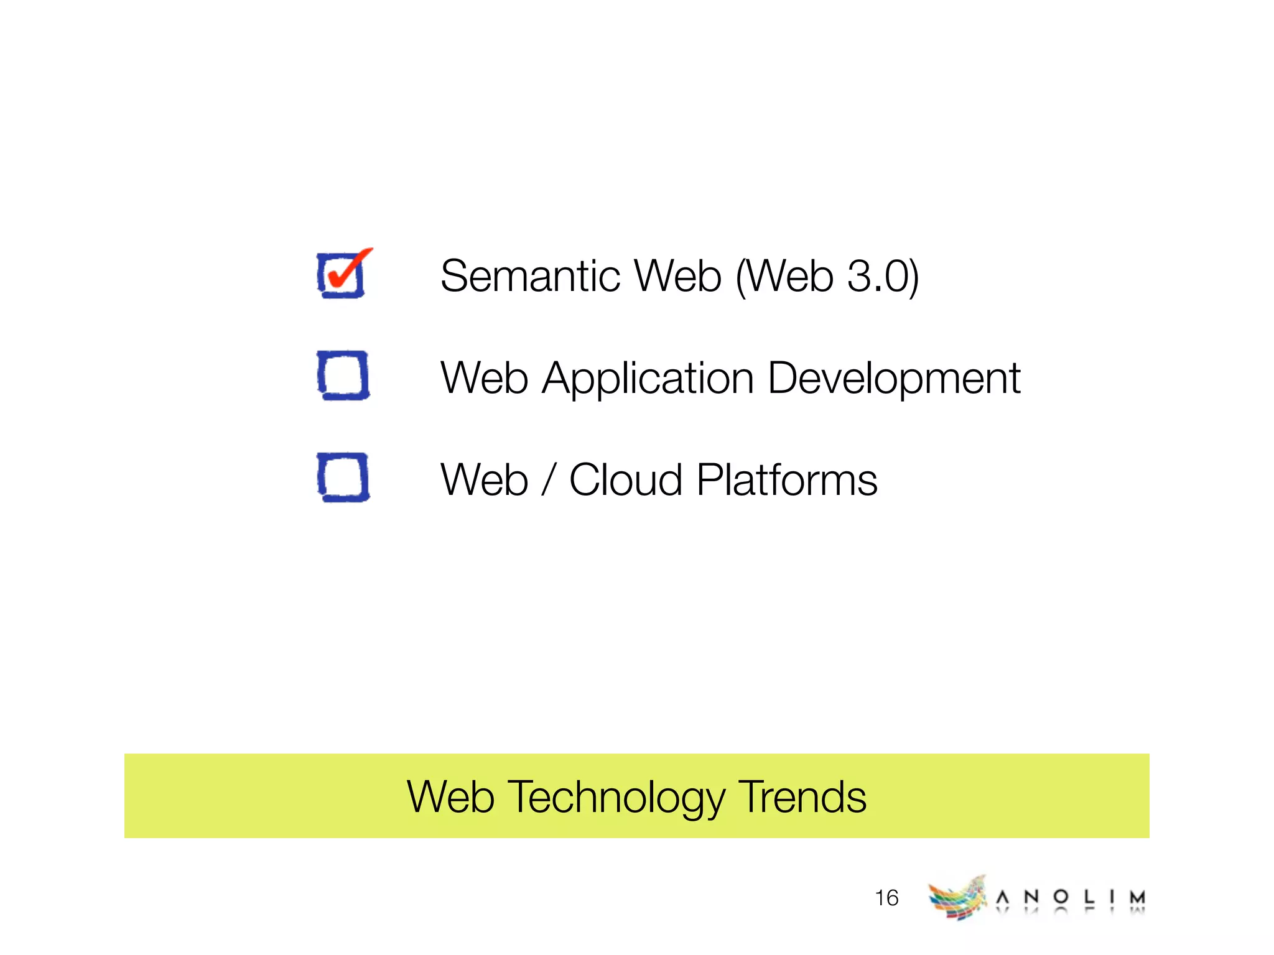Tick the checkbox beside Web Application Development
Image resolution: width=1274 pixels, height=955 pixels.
click(x=343, y=375)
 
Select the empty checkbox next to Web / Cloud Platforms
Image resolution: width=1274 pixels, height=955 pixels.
click(x=343, y=477)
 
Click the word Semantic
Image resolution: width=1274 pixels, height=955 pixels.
click(x=530, y=276)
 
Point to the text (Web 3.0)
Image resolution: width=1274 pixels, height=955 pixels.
click(x=827, y=276)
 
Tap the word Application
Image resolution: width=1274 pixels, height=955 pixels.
click(x=648, y=379)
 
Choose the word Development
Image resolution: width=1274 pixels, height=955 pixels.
click(x=894, y=379)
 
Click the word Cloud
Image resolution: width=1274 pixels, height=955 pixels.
click(x=626, y=480)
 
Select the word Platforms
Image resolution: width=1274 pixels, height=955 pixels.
click(x=787, y=480)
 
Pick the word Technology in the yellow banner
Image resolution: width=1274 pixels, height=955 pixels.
click(x=616, y=798)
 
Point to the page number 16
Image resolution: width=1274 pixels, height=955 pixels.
click(x=886, y=898)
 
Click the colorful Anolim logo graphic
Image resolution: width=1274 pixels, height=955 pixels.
click(x=957, y=898)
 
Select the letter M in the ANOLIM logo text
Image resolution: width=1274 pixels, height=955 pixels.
click(x=1138, y=897)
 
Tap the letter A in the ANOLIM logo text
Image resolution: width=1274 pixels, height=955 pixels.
click(x=1002, y=897)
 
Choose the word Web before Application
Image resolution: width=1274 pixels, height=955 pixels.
click(x=484, y=378)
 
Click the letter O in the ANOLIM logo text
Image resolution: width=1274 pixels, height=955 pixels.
click(x=1061, y=897)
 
